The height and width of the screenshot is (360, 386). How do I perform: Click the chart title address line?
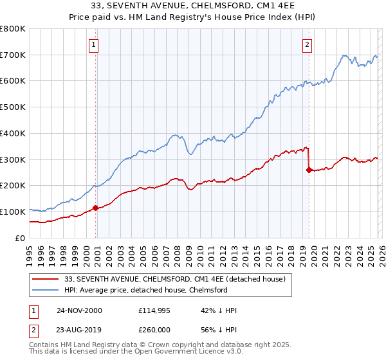coord(193,6)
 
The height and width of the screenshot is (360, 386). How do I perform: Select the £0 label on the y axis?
coord(19,238)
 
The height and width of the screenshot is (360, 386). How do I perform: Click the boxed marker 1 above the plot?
coord(94,44)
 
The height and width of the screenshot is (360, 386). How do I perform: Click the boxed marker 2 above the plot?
coord(307,44)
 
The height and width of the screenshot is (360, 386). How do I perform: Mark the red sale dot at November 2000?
coord(96,208)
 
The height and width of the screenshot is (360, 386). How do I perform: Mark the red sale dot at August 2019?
coord(309,170)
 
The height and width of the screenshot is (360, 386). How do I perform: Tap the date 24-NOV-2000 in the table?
coord(79,310)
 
